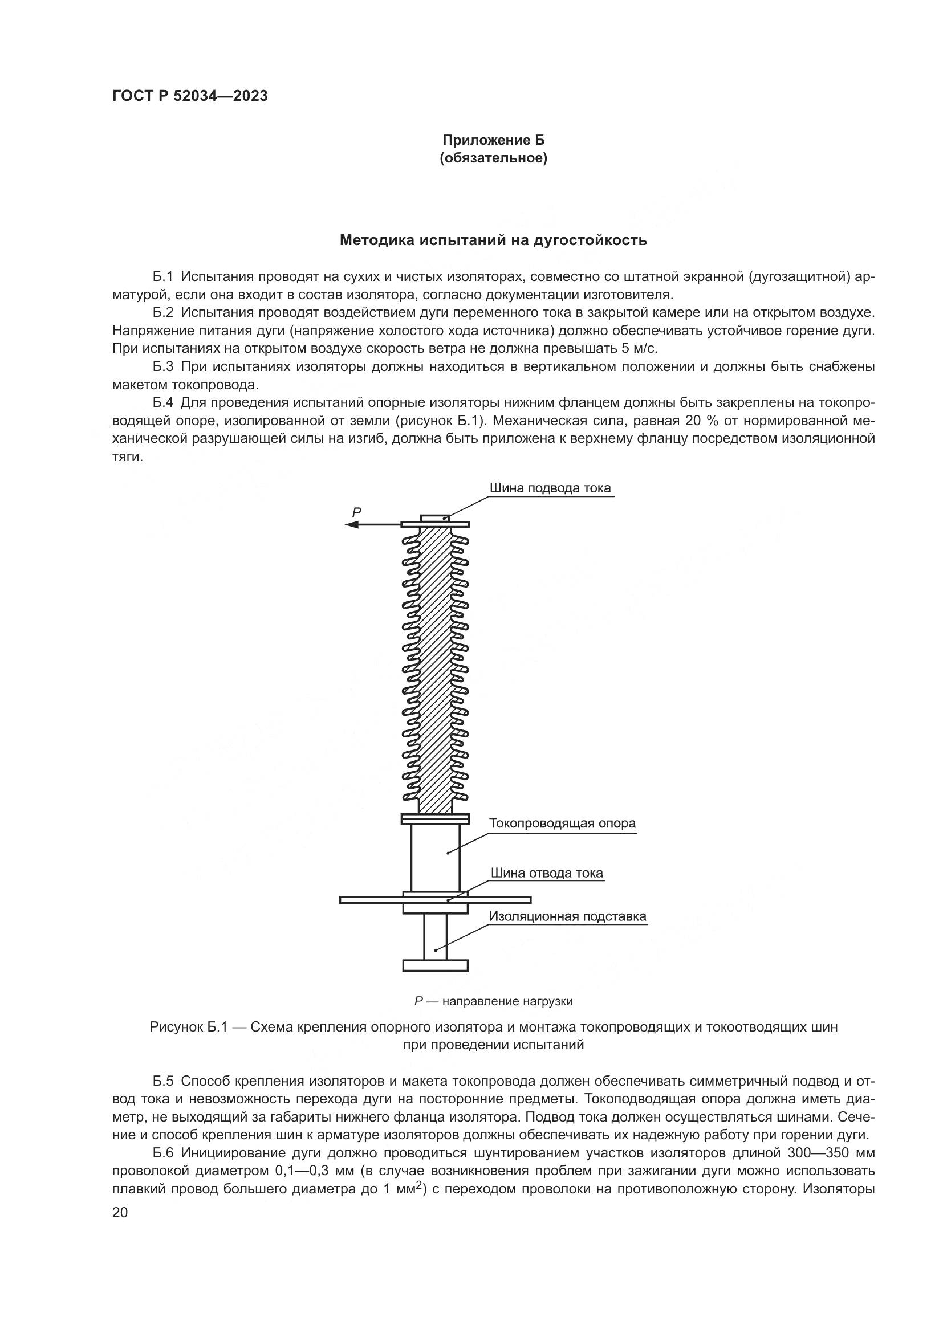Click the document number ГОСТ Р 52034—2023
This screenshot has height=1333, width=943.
[190, 96]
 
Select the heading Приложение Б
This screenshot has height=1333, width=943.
[494, 140]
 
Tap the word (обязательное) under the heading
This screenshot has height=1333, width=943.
[494, 158]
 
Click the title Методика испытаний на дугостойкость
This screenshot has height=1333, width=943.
[493, 240]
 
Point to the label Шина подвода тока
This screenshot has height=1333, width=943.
[550, 488]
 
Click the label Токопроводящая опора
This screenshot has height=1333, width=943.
[562, 823]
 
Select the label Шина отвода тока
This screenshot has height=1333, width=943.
[546, 873]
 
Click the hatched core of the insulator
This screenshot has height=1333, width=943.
[435, 668]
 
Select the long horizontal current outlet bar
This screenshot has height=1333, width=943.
[372, 899]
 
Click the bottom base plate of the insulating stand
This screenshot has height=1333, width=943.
[435, 965]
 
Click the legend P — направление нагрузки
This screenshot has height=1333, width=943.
[493, 1001]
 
